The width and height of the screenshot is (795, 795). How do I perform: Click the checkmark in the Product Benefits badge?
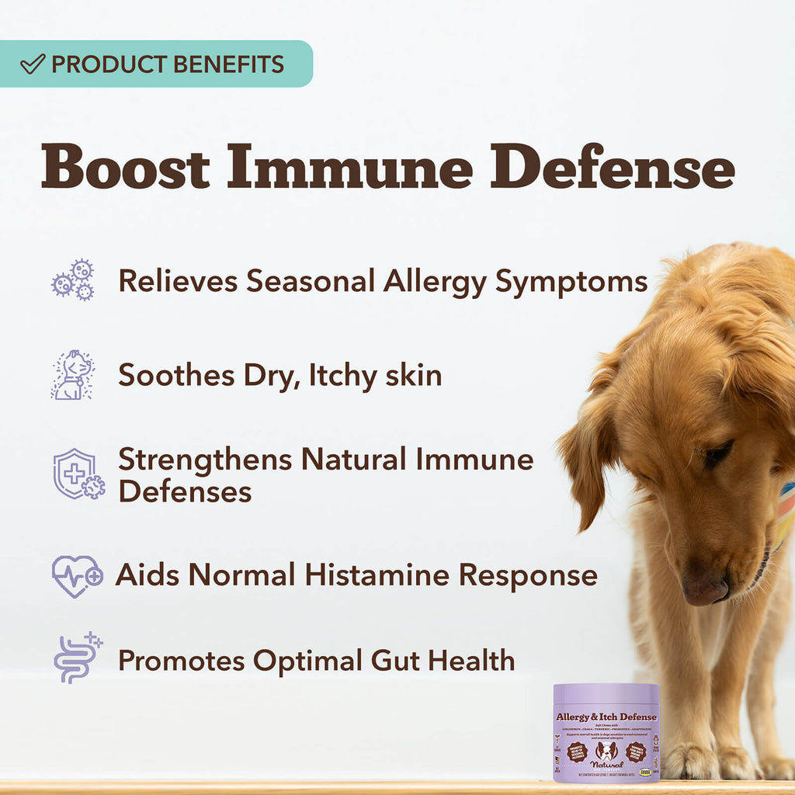[33, 64]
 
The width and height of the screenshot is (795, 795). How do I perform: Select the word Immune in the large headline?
[349, 167]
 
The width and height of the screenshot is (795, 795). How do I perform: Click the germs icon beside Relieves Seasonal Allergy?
[73, 280]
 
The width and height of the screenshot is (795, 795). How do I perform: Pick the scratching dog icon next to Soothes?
[72, 375]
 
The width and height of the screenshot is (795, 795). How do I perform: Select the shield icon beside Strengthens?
[78, 474]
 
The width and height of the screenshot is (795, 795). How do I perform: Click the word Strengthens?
[205, 460]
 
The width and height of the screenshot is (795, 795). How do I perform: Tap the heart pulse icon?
[77, 575]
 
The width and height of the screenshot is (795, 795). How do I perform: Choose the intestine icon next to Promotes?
[76, 658]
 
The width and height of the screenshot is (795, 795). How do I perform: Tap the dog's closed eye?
[717, 453]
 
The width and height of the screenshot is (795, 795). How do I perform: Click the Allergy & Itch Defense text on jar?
[606, 716]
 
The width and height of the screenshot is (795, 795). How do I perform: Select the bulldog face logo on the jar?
[606, 751]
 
